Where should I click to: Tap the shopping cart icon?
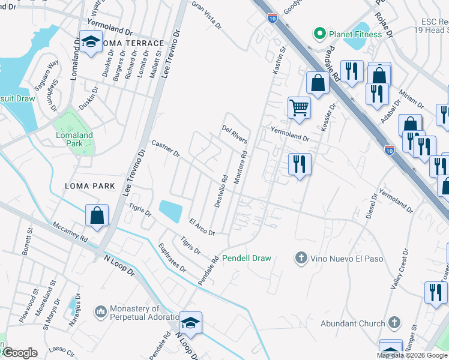[298, 108]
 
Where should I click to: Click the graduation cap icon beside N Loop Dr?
[190, 323]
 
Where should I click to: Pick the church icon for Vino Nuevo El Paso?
[301, 258]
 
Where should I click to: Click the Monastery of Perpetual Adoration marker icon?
[101, 312]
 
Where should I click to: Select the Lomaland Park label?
[74, 139]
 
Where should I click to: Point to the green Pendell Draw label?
[247, 258]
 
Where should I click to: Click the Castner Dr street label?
[166, 149]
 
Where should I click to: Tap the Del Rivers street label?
[235, 134]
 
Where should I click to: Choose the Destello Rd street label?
[220, 191]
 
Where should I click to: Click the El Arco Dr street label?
[202, 226]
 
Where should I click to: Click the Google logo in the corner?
[20, 353]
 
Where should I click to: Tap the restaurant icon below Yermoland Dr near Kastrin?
[299, 163]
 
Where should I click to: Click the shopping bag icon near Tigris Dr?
[97, 215]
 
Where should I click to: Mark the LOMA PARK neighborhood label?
[89, 187]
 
